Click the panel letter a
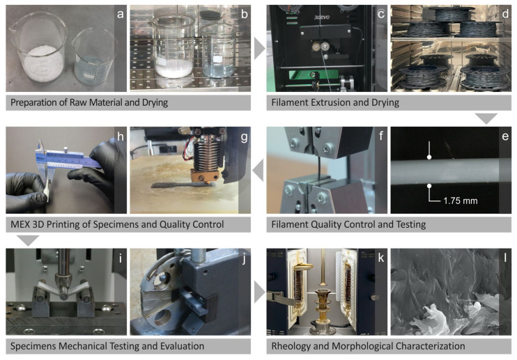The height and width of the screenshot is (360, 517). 121,14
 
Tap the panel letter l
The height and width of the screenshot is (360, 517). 504,257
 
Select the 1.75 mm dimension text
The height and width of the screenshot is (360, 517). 461,201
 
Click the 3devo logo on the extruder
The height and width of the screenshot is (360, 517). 321,17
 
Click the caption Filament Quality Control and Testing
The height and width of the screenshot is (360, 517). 348,225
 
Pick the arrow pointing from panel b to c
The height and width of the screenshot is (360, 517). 259,49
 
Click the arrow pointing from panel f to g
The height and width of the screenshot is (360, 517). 258,170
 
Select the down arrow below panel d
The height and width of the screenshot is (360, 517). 486,118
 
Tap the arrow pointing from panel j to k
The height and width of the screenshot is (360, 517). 259,292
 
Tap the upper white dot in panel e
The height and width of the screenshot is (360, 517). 429,157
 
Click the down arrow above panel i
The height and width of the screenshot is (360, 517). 28,240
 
